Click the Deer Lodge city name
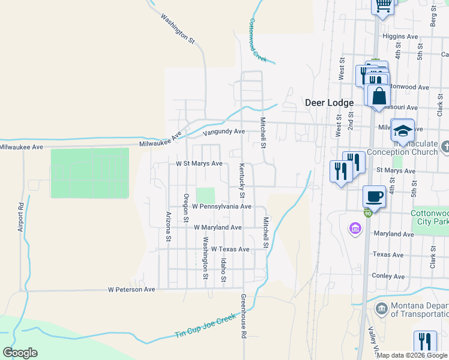(x=329, y=103)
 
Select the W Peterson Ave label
(x=131, y=289)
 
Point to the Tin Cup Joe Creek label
(x=206, y=327)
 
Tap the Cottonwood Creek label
(x=257, y=40)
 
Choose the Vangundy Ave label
(x=224, y=131)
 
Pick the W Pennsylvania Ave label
(x=221, y=206)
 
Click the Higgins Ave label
(x=400, y=36)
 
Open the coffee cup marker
(x=374, y=196)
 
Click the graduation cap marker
(x=402, y=129)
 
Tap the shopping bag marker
(x=378, y=95)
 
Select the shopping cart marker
(x=384, y=6)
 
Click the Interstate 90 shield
(x=367, y=214)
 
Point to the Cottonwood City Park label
(x=429, y=217)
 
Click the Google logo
(x=20, y=353)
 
